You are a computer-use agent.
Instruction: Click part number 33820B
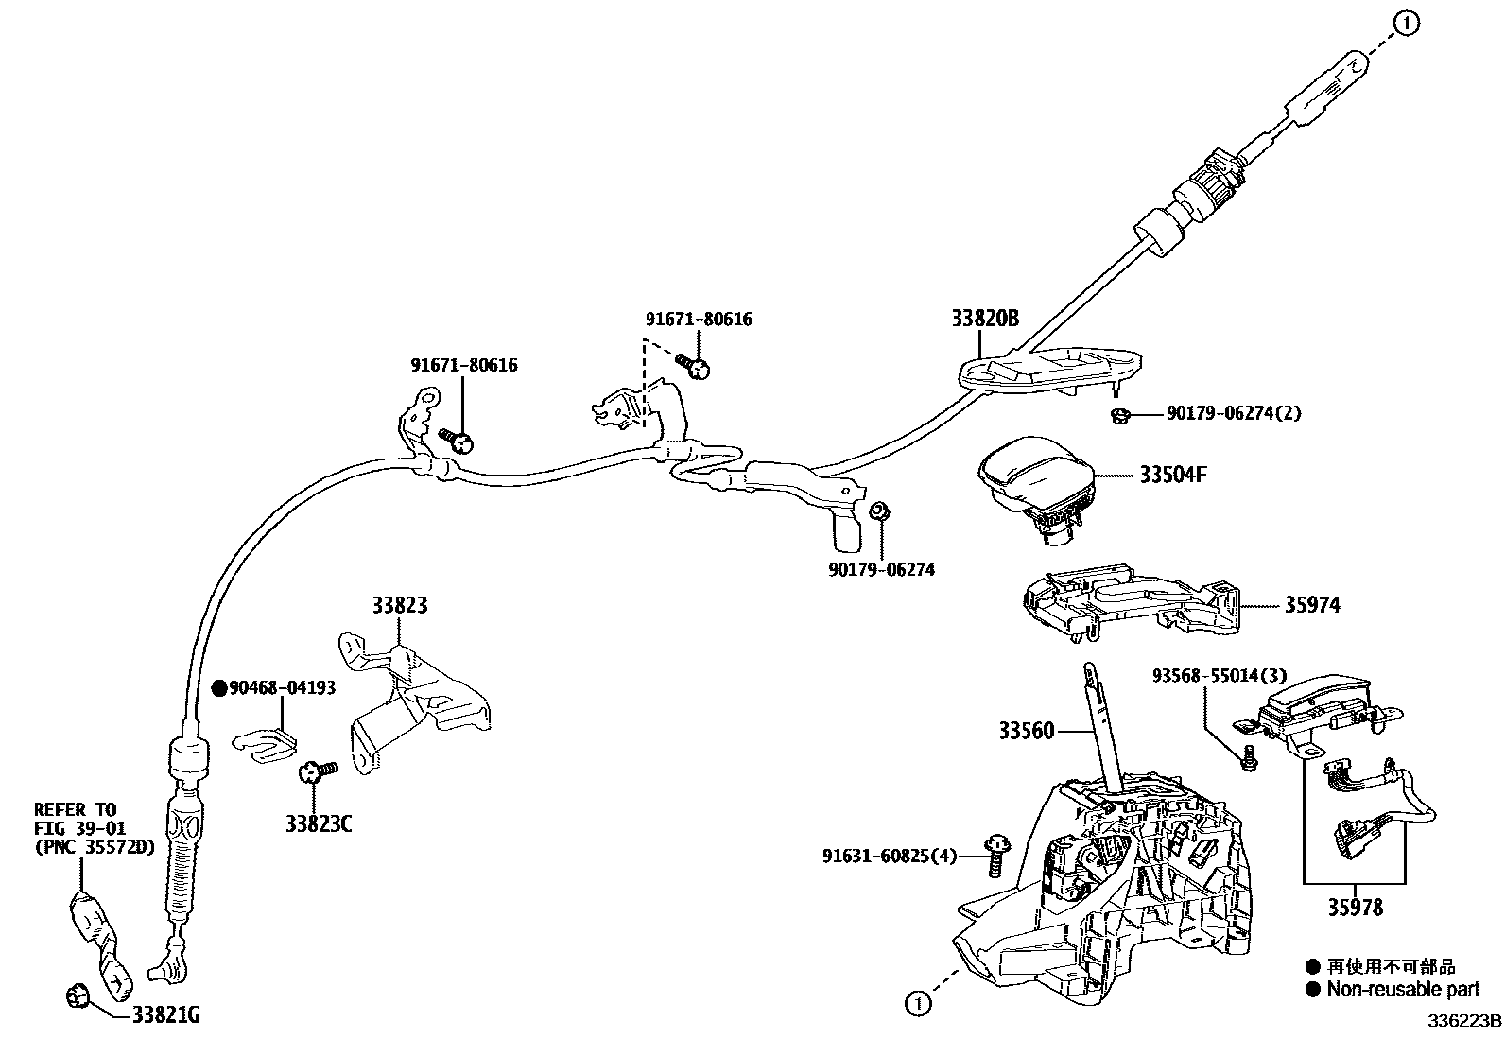[x=985, y=319]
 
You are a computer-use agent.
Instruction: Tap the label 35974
[x=1311, y=605]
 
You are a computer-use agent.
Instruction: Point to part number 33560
[x=1026, y=731]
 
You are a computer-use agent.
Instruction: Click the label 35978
[x=1355, y=908]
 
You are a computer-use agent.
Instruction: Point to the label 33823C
[x=319, y=823]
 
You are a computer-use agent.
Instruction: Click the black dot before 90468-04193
[x=219, y=688]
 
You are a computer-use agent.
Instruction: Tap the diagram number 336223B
[x=1464, y=1022]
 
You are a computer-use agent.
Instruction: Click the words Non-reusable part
[x=1403, y=990]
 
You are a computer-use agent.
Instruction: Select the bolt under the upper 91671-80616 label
[x=695, y=366]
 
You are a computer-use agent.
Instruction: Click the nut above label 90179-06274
[x=879, y=511]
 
